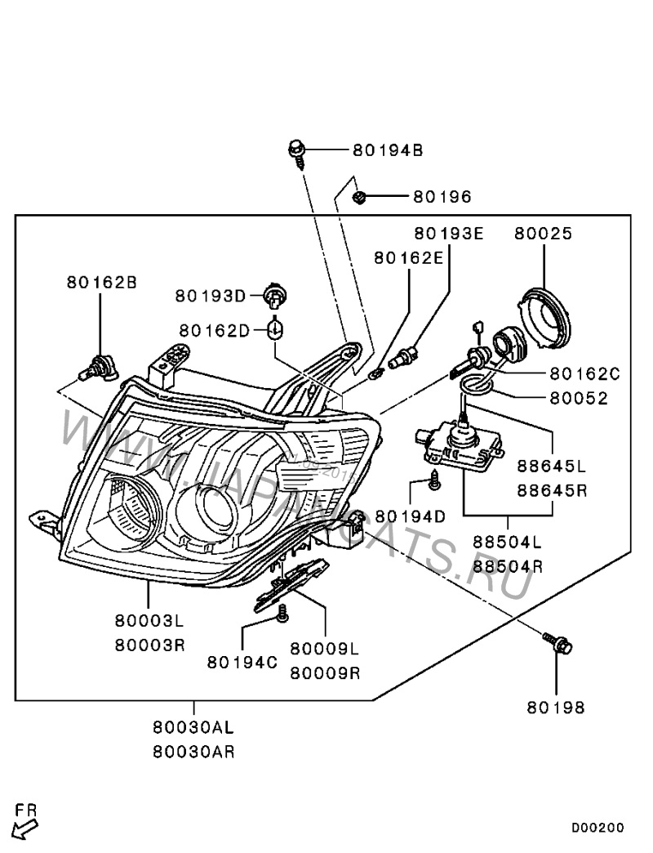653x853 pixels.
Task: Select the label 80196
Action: tap(442, 197)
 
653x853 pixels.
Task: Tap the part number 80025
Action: tap(543, 234)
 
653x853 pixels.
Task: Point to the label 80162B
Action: tap(101, 283)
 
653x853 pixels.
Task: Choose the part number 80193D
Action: tap(212, 296)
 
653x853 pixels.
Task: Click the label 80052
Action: tap(579, 399)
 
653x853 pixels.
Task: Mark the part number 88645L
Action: tap(552, 467)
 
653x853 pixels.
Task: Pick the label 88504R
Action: tap(509, 565)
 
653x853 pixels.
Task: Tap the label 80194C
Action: tap(242, 662)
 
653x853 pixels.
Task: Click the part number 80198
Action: tap(555, 708)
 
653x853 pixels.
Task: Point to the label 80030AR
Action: tap(193, 751)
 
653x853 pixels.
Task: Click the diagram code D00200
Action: tap(597, 828)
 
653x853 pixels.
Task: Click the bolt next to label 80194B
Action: tap(297, 151)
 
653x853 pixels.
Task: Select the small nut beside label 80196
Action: tap(359, 197)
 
